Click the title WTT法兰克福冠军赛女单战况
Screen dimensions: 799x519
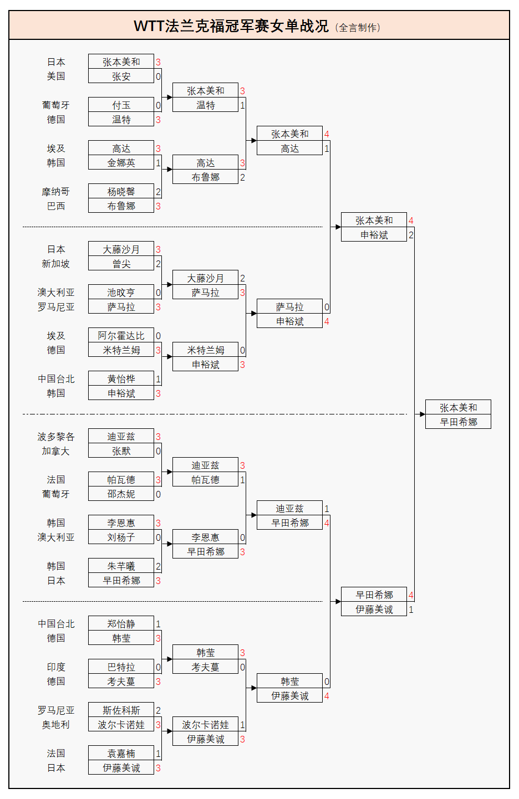(231, 26)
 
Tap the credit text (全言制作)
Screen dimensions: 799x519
(358, 28)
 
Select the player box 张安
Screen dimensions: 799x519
(121, 76)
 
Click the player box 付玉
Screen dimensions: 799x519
(121, 105)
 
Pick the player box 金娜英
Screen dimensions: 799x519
(121, 163)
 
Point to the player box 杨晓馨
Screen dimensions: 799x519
(121, 192)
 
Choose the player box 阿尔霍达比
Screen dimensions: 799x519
(121, 336)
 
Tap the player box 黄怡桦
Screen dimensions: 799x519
(121, 379)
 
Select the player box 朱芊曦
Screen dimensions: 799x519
(121, 566)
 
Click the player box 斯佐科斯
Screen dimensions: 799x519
(121, 710)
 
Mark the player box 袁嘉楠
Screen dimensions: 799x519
(121, 754)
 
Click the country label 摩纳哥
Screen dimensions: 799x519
(55, 192)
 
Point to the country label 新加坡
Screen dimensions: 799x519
(55, 264)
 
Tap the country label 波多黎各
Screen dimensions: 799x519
(55, 437)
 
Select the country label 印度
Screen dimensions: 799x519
(55, 667)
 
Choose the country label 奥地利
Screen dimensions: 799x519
(55, 725)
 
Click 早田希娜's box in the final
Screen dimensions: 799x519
(458, 422)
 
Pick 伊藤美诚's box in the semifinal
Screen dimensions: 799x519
(374, 610)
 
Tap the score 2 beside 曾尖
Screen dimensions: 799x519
(158, 264)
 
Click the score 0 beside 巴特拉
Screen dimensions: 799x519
(158, 667)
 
